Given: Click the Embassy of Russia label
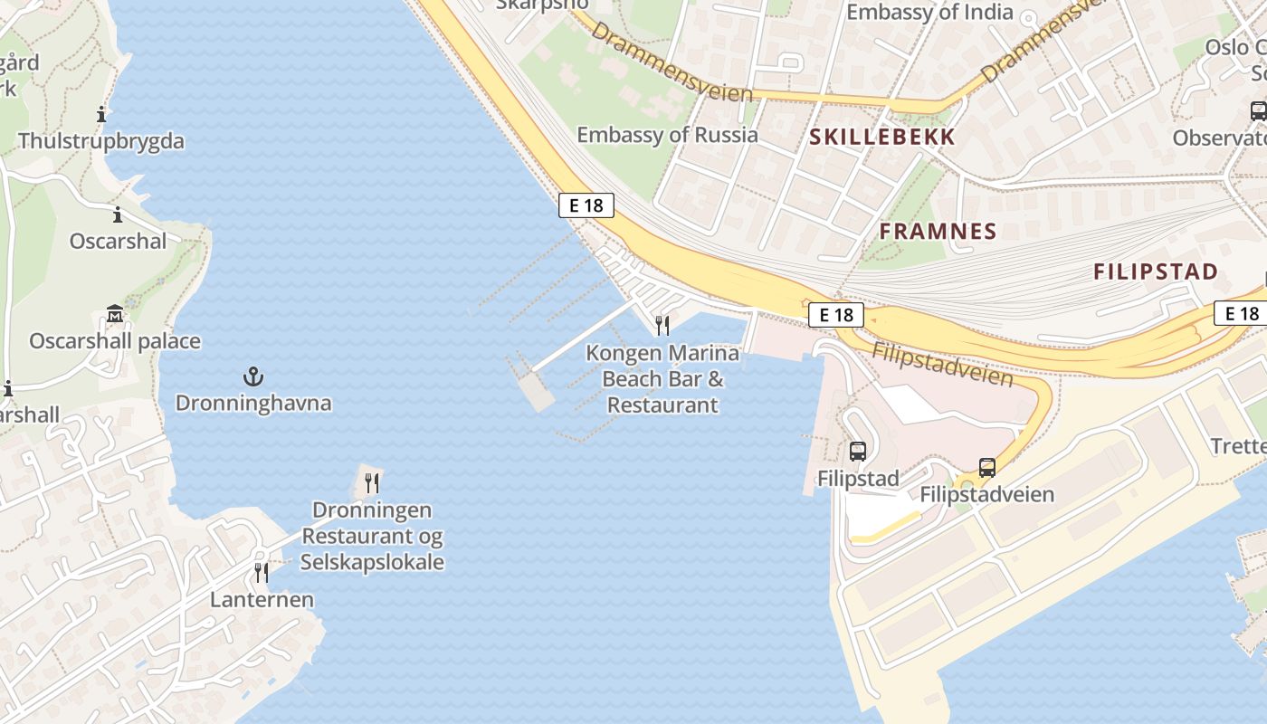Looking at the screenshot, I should click(667, 135).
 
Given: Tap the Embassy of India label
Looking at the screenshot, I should click(929, 12).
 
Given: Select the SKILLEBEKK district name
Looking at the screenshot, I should click(882, 137).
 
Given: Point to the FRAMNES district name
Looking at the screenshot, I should click(938, 231).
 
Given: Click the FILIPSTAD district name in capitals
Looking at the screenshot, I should click(1156, 271).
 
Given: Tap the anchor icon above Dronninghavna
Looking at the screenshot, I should click(253, 376).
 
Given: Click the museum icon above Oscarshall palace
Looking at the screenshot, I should click(115, 315).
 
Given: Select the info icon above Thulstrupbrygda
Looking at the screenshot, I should click(101, 115).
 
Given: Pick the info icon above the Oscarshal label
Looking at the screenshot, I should click(118, 215).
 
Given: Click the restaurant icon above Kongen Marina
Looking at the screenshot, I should click(662, 326).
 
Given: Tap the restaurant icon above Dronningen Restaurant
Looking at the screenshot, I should click(372, 483).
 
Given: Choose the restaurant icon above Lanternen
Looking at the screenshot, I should click(262, 573).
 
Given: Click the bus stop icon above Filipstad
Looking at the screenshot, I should click(857, 451).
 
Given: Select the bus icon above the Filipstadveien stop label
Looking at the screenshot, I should click(987, 468).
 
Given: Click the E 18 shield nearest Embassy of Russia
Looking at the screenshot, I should click(586, 205).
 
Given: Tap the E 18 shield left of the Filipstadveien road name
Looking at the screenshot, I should click(836, 315).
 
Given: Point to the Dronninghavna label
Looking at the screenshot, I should click(253, 403).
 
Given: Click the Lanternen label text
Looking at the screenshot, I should click(262, 599).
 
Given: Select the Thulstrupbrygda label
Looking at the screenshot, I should click(101, 141).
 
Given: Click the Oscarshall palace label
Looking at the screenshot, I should click(115, 341).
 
